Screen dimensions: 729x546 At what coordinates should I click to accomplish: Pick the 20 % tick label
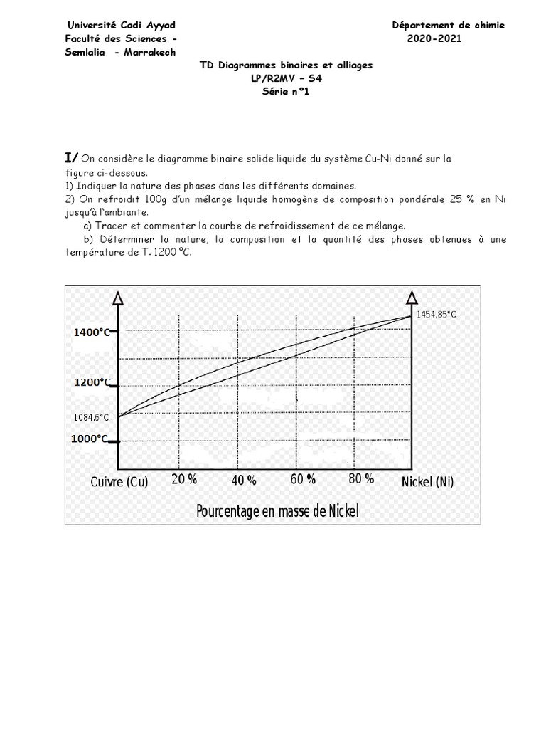coord(183,479)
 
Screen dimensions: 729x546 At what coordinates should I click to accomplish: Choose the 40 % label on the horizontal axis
coord(244,481)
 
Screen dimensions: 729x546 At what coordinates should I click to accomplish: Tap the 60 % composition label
coord(303,479)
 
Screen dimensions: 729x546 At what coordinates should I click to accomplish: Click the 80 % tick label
coord(361,478)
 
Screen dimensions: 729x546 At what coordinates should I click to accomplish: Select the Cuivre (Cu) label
coord(119,482)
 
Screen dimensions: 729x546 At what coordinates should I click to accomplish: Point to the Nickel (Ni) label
coord(427,482)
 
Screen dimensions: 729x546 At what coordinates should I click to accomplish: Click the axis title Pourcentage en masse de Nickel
coord(277,510)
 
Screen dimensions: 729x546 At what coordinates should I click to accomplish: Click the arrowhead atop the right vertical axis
coord(412,296)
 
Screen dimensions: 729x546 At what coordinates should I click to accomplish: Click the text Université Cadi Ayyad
coord(120,25)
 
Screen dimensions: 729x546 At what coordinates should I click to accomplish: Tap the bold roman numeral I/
coord(72,157)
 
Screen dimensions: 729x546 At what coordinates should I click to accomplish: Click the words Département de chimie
coord(448,25)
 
